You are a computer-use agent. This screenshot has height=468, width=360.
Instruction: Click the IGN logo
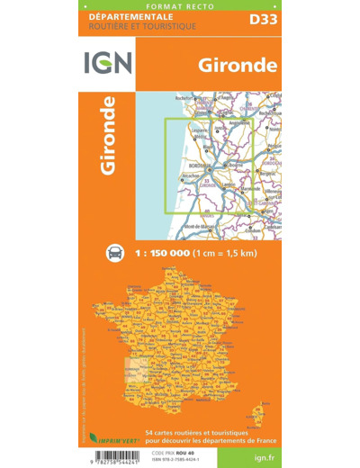(108, 63)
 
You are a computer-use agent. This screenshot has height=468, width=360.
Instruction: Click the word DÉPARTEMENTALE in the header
(123, 17)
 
